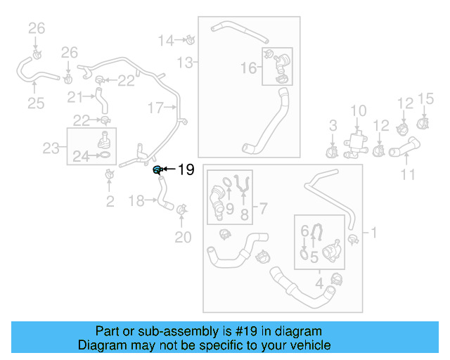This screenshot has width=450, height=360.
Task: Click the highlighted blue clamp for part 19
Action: pos(158,169)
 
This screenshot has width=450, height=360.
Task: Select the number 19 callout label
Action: pos(185,169)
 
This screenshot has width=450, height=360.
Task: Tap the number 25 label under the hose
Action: pos(35,104)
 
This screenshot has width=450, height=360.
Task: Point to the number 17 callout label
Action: pos(155,108)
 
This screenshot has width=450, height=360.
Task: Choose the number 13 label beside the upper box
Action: pos(184,63)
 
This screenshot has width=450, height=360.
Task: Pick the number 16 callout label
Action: pos(249,67)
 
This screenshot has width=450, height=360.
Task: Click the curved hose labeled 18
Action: pos(163,196)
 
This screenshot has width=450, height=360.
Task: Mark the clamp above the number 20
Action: pos(182,210)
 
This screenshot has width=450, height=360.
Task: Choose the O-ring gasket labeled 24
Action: pos(103,154)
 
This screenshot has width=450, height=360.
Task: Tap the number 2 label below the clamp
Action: pos(109,202)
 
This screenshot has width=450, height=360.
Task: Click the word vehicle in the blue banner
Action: pos(310,345)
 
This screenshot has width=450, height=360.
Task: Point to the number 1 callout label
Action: pos(373,232)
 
